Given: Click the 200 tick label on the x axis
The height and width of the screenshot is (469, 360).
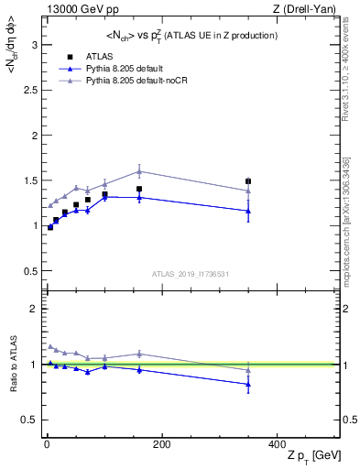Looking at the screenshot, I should click(161, 444).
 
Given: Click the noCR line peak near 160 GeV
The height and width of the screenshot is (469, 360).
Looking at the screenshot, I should click(139, 171).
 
